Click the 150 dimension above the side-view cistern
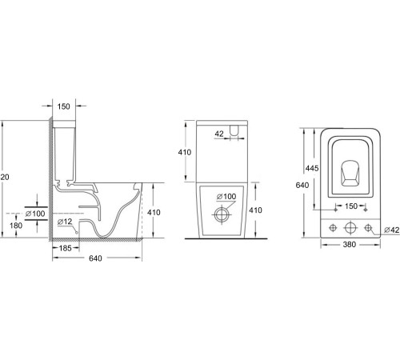[x=64, y=106]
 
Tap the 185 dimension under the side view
[x=67, y=248]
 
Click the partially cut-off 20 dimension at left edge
[x=5, y=177]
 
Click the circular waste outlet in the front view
[x=222, y=214]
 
